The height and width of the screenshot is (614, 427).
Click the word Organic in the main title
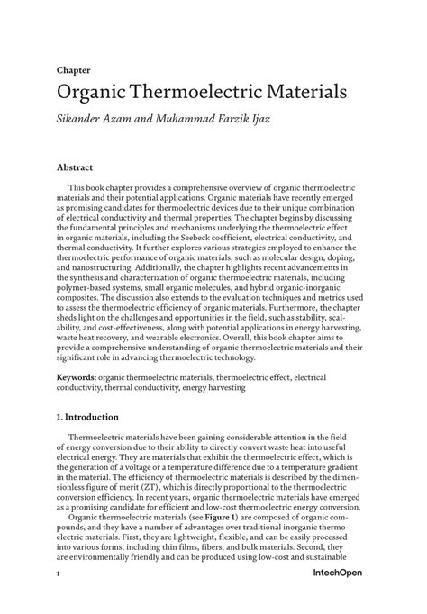99,93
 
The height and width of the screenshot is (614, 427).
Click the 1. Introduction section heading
94,418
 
